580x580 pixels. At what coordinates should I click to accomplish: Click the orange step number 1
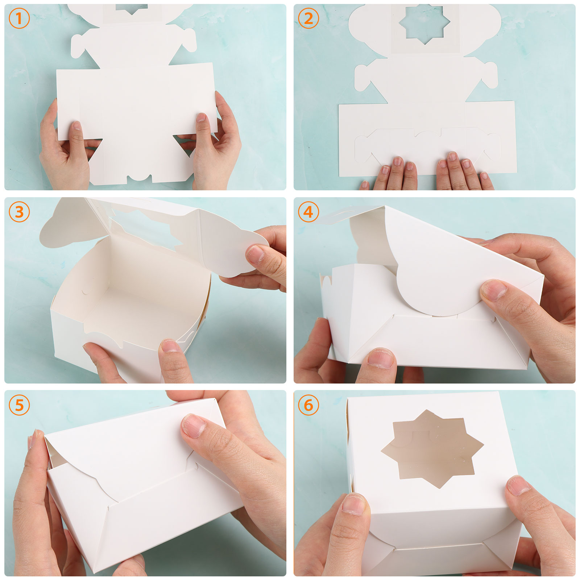pyautogui.click(x=19, y=18)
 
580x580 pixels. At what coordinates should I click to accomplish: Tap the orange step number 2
pyautogui.click(x=308, y=18)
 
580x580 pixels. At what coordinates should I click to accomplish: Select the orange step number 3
pyautogui.click(x=19, y=212)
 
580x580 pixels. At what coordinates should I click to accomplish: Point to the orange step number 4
pyautogui.click(x=308, y=212)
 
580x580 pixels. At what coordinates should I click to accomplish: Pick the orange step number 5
pyautogui.click(x=19, y=405)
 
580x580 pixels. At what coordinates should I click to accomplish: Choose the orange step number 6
pyautogui.click(x=308, y=405)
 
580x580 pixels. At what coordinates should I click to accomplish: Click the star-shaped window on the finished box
pyautogui.click(x=432, y=449)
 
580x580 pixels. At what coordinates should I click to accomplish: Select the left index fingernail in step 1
pyautogui.click(x=77, y=126)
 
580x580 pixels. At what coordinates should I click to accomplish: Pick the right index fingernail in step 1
pyautogui.click(x=201, y=117)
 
